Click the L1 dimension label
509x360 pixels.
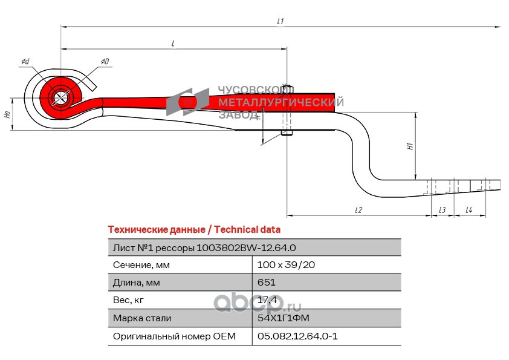280,21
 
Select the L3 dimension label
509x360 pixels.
442,210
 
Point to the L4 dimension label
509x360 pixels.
469,210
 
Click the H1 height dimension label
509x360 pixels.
409,146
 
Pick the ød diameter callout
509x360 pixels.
25,62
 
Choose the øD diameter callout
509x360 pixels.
105,62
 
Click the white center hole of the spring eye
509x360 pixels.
60,97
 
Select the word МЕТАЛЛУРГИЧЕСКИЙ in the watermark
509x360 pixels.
280,102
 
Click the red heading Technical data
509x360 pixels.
193,230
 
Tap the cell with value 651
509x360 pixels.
267,283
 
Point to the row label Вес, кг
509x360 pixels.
129,300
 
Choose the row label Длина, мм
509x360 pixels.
137,283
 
